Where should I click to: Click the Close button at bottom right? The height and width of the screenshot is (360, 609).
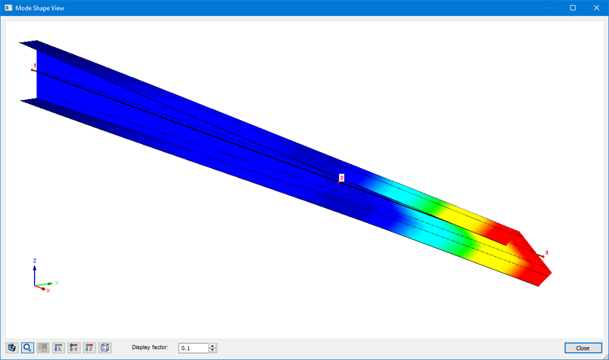coord(583,348)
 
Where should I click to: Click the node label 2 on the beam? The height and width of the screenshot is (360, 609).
coord(342,177)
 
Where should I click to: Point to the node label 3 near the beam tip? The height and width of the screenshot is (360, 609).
coord(546,253)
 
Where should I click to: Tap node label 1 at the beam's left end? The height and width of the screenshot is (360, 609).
coord(35,65)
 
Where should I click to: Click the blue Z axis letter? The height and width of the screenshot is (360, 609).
coord(35,260)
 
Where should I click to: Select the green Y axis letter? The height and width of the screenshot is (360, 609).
coord(57,283)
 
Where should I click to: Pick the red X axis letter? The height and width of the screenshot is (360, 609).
coord(48,290)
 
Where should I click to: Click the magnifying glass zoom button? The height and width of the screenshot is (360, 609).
coord(27,348)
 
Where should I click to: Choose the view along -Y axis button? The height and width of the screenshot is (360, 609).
coord(74,348)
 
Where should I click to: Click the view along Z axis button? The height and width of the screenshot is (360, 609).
coord(90,348)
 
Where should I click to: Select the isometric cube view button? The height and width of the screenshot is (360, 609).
coord(105,348)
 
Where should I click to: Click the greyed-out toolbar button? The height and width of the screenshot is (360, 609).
coord(43,348)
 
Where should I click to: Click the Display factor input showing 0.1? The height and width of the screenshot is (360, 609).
coord(193,348)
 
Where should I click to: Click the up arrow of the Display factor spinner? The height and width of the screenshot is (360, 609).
coord(213,345)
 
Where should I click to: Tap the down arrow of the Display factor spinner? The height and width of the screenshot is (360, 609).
coord(213,350)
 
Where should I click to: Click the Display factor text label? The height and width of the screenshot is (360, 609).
coord(150,347)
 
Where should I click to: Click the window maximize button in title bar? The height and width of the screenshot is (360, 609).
coord(573,8)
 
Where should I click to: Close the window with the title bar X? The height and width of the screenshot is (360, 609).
coord(596,8)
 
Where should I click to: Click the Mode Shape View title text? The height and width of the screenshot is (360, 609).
coord(40,8)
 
